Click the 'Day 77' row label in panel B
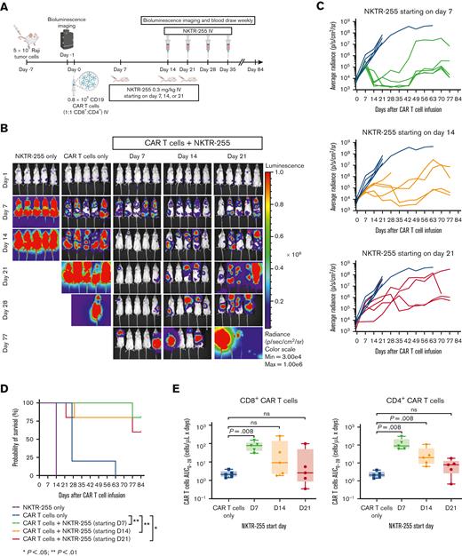[8, 338]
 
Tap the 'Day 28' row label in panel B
[8, 303]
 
